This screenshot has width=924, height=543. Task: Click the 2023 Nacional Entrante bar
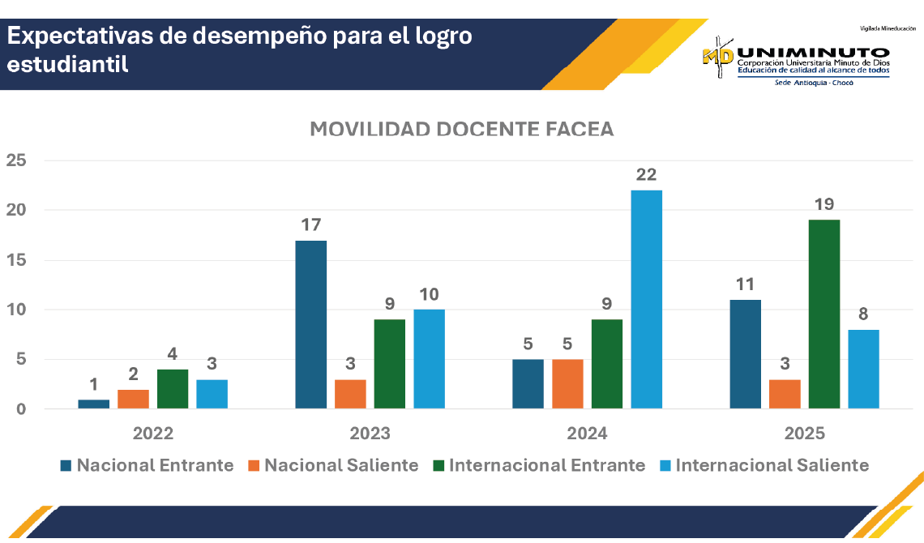[x=311, y=324]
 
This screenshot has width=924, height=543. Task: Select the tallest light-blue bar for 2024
[x=646, y=299]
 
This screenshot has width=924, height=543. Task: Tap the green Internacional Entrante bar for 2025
[x=824, y=314]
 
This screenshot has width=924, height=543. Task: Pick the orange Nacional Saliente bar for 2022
[x=133, y=399]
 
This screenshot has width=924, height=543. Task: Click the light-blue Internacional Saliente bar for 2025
[x=863, y=369]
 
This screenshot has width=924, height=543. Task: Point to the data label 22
[x=646, y=174]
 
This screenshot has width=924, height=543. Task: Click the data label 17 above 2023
[x=311, y=224]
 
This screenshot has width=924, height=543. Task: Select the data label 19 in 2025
[x=824, y=204]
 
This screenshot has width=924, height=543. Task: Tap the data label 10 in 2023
[x=430, y=294]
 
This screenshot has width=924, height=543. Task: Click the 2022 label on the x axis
[x=153, y=434]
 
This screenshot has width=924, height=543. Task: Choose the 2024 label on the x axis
[x=587, y=434]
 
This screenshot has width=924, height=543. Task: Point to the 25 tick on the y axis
[x=16, y=160]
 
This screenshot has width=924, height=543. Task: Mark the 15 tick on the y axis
[x=16, y=260]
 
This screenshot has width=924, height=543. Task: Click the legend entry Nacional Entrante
[x=155, y=465]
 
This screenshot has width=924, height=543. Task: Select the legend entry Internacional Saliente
[x=772, y=465]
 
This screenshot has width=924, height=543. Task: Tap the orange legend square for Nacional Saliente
[x=253, y=466]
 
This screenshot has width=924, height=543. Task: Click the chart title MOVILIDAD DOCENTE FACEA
[x=462, y=130]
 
